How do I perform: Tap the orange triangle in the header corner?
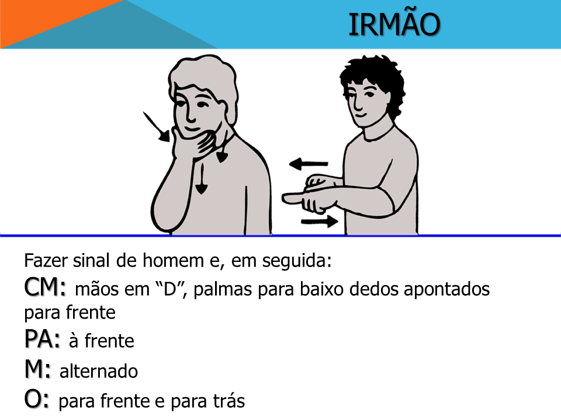click(47, 18)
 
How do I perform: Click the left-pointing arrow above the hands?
click(309, 164)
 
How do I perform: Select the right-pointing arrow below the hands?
click(319, 222)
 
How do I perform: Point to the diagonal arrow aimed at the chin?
click(157, 127)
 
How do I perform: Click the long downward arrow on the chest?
click(202, 178)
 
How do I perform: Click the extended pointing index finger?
click(293, 198)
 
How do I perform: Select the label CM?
click(45, 287)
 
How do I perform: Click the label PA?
click(42, 338)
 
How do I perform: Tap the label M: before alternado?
click(37, 369)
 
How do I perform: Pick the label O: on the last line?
click(36, 399)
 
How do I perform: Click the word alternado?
click(99, 371)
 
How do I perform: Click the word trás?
click(229, 401)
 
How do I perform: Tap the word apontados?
click(447, 289)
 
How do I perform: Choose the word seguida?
click(297, 261)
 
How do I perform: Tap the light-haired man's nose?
click(190, 114)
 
